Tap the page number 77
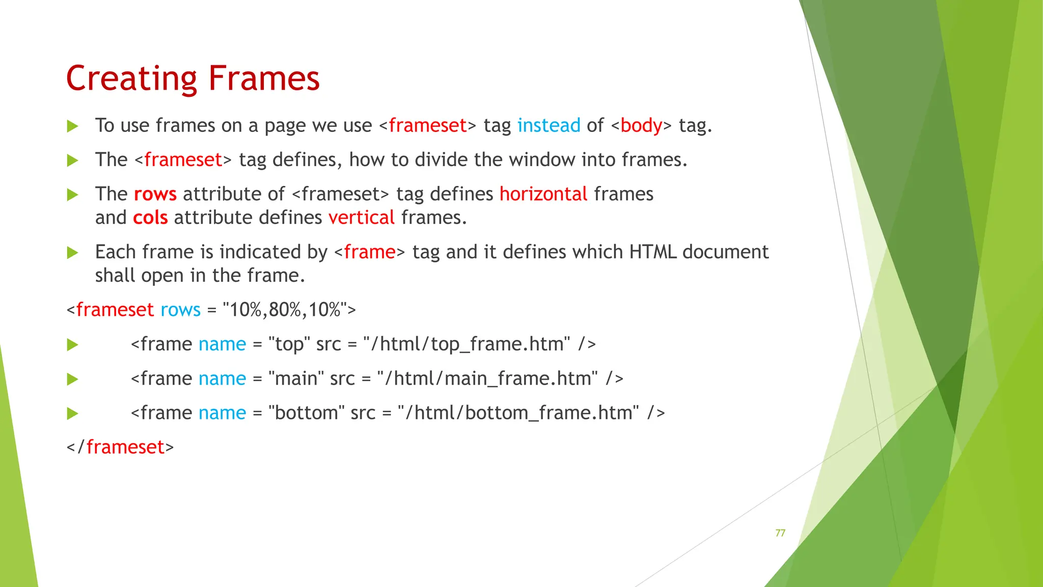(x=780, y=533)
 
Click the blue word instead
(x=548, y=125)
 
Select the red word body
(x=641, y=125)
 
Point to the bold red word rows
(x=155, y=194)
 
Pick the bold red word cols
(x=150, y=218)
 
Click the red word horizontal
(x=543, y=194)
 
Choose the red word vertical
(x=361, y=218)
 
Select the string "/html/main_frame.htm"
(x=487, y=379)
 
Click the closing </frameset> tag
(x=120, y=447)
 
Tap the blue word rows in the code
(x=180, y=310)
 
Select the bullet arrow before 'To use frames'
(x=73, y=126)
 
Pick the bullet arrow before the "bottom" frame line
(x=73, y=413)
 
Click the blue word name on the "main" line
(x=222, y=379)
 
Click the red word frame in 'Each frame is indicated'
(x=369, y=252)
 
